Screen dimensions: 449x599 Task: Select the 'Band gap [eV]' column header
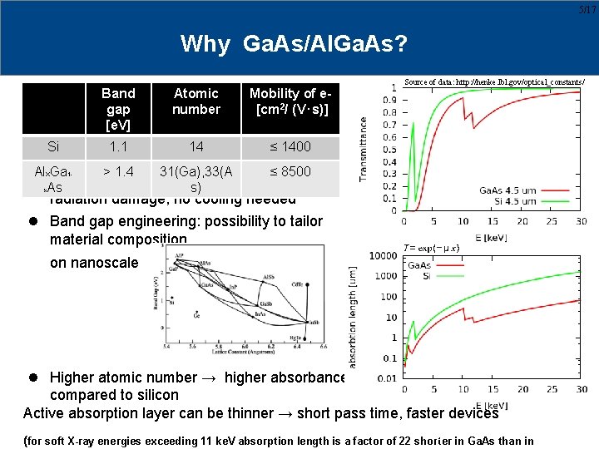click(x=118, y=109)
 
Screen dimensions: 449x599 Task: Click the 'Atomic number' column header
click(x=196, y=101)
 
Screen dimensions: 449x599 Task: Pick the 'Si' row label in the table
click(x=53, y=147)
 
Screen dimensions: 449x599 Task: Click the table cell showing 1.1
click(x=118, y=147)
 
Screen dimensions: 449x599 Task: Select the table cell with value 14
click(x=196, y=147)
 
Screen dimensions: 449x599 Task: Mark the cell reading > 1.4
click(x=118, y=172)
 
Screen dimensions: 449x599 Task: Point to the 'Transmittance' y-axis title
click(x=364, y=149)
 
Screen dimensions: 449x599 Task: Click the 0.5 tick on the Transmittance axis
click(x=389, y=149)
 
